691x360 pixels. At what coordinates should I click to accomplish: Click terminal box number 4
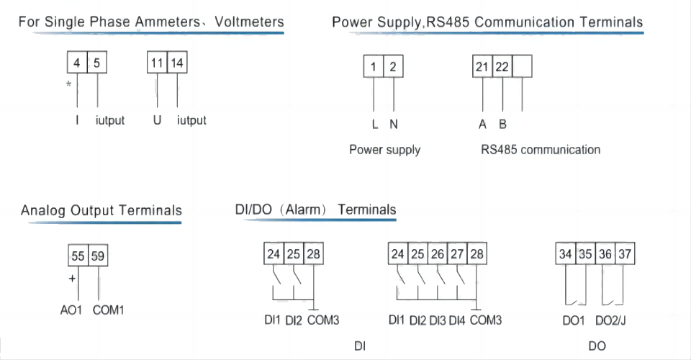click(x=77, y=63)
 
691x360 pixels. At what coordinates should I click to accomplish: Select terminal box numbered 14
click(x=177, y=63)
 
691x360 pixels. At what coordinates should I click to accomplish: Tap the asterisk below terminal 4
click(x=68, y=85)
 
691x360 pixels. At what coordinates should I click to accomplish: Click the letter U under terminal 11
click(x=157, y=120)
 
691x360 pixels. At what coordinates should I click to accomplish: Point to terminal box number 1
click(x=374, y=67)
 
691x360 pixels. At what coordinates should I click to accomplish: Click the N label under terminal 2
click(x=394, y=124)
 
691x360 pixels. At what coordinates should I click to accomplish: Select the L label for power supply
click(x=374, y=124)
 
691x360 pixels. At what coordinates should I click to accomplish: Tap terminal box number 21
click(x=482, y=67)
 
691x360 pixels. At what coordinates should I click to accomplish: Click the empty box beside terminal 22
click(x=523, y=67)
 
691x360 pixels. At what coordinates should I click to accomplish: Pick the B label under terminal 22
click(x=502, y=124)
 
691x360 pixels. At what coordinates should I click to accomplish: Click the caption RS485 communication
click(x=541, y=150)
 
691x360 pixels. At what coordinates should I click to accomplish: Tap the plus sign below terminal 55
click(x=71, y=277)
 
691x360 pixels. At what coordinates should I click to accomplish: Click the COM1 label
click(x=109, y=311)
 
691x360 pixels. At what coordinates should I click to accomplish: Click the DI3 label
click(x=438, y=320)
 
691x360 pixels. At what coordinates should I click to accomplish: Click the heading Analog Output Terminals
click(x=101, y=211)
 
